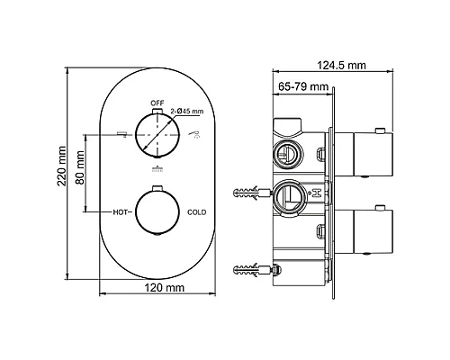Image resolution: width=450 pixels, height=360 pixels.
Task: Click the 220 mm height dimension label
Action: coord(62,166)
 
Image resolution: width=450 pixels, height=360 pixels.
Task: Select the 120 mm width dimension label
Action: coord(165,288)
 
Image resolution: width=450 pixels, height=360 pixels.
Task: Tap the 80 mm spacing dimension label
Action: coord(80,167)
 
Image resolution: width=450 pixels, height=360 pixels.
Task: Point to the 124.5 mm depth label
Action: coord(342,65)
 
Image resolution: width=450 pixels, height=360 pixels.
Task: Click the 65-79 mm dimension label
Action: coord(303,86)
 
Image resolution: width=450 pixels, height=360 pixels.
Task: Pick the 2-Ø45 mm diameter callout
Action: coord(187,111)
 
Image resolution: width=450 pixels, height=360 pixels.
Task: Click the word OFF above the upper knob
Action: coord(157,103)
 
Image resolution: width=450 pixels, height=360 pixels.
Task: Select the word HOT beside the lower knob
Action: coord(120,212)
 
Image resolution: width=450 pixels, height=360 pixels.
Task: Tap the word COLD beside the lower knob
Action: coord(197,212)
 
